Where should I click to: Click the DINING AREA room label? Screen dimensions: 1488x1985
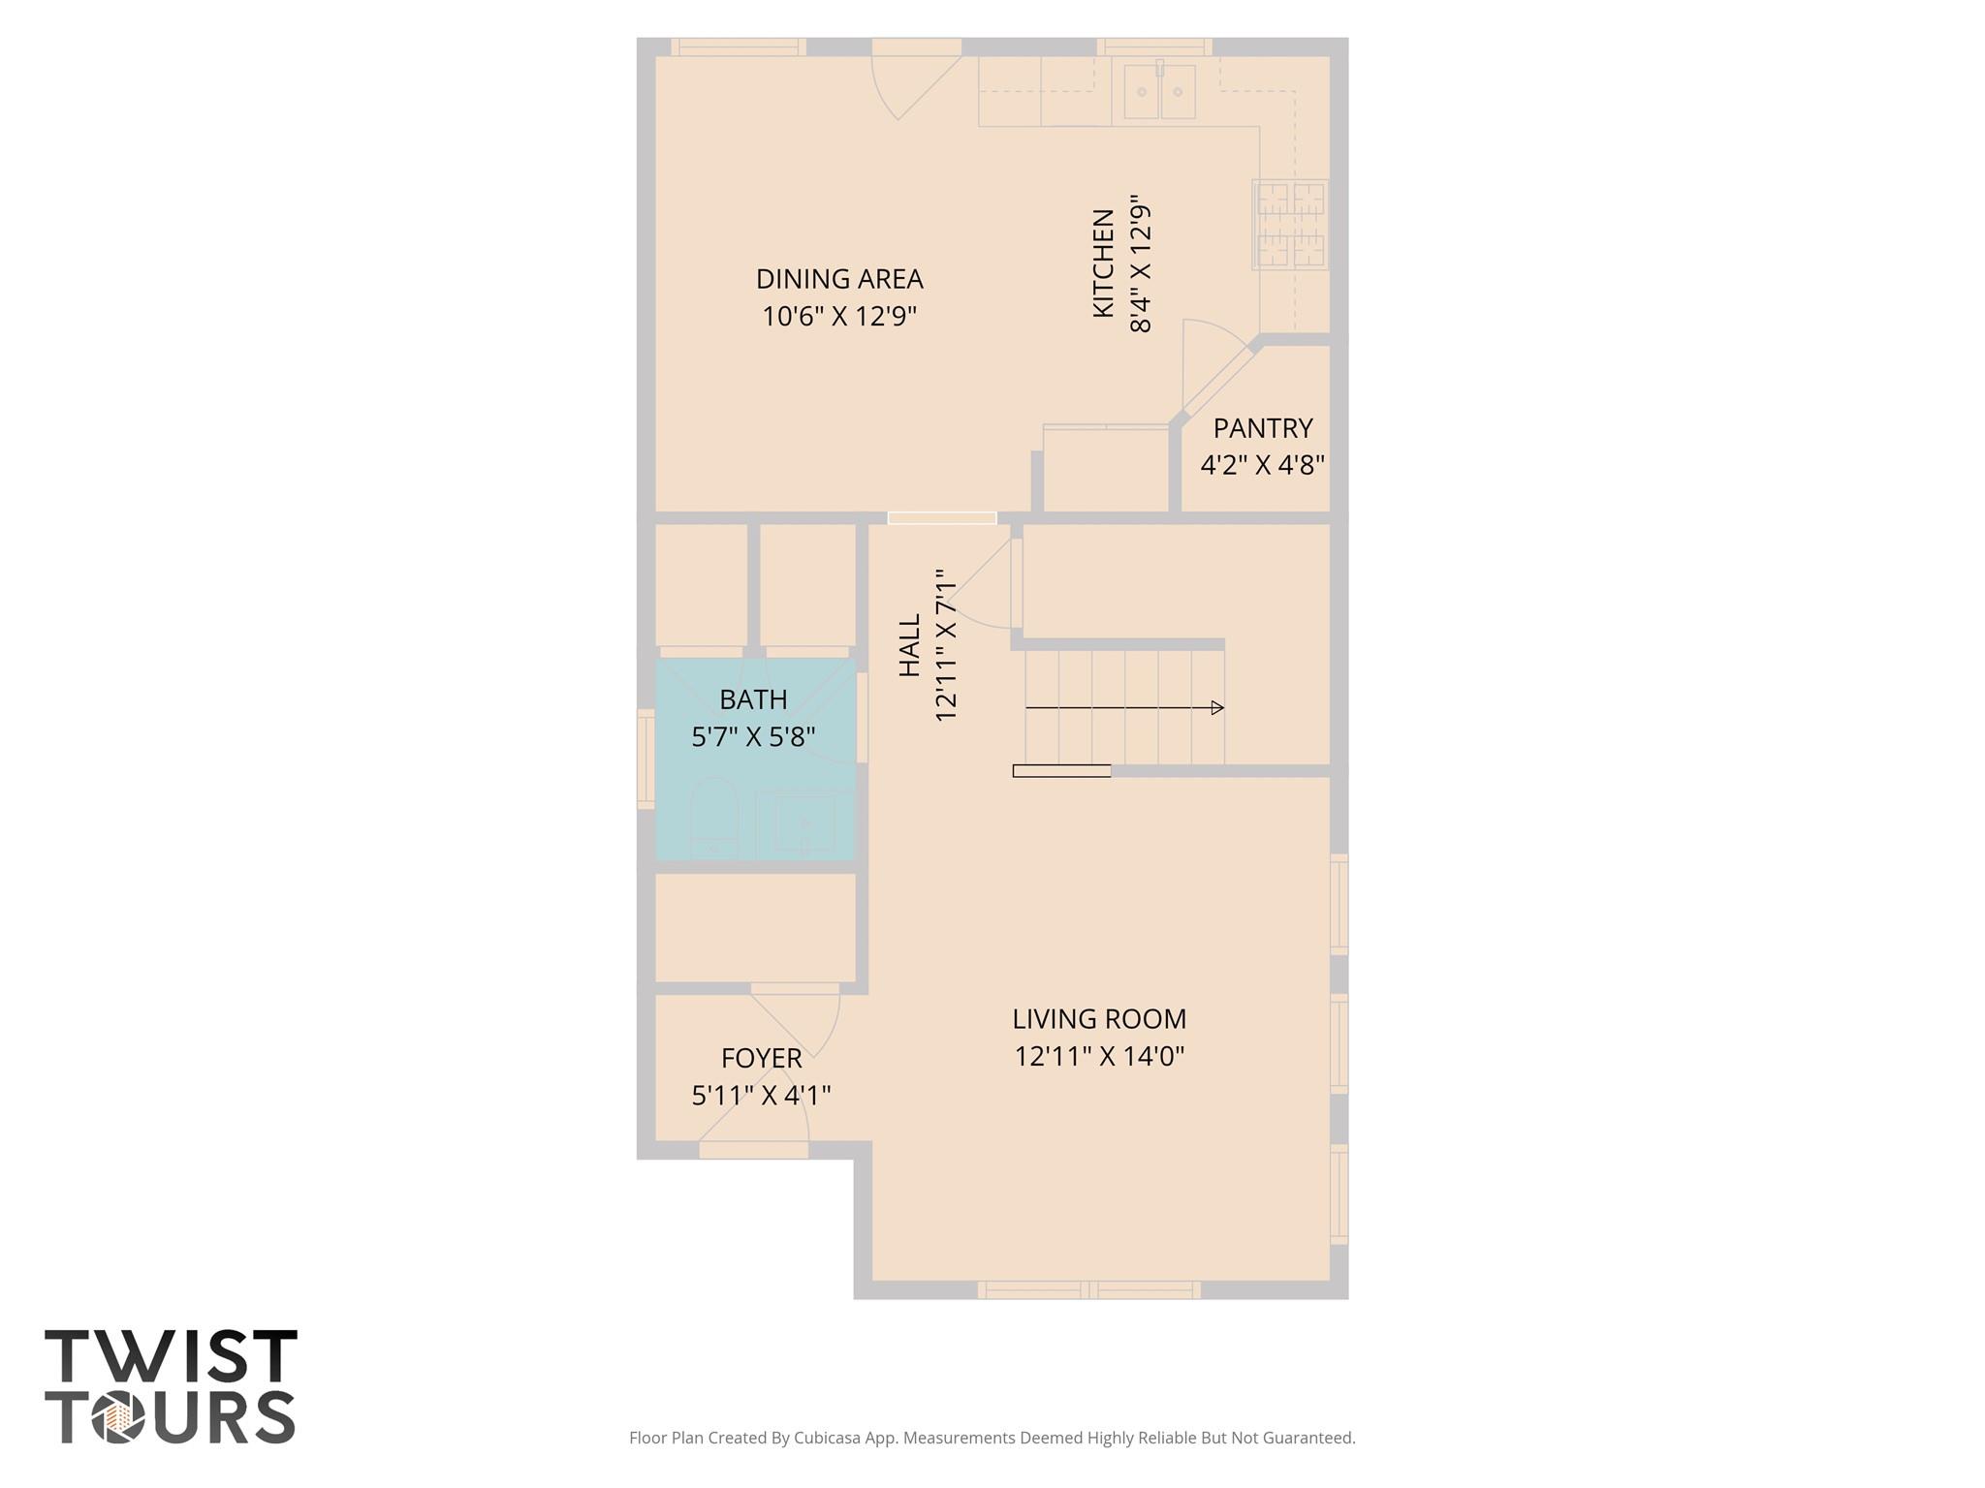(839, 279)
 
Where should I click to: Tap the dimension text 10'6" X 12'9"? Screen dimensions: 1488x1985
(839, 317)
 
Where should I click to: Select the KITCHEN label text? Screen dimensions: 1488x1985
(1103, 263)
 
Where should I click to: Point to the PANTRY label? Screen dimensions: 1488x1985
(1262, 428)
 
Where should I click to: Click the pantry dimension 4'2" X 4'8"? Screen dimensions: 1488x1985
(1262, 465)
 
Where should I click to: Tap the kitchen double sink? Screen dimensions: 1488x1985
(1159, 92)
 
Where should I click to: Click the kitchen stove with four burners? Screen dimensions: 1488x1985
(1290, 225)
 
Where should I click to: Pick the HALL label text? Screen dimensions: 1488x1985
(909, 645)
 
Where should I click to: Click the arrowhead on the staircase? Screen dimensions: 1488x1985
(1218, 708)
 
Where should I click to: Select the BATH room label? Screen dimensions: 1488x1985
(753, 699)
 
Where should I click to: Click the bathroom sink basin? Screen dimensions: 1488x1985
(804, 824)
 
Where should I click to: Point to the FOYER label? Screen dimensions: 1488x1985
(761, 1058)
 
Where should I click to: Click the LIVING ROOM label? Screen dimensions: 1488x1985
(1099, 1019)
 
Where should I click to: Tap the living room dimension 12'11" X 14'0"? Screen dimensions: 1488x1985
(1099, 1056)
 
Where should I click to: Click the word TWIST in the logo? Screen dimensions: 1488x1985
(171, 1356)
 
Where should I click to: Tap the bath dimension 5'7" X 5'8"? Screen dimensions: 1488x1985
(753, 737)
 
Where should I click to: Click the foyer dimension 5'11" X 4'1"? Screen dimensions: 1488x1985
(761, 1096)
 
